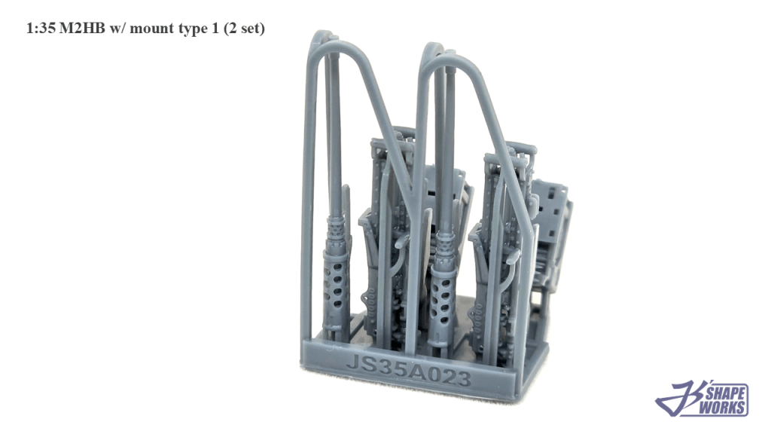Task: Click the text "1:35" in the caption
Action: pos(41,28)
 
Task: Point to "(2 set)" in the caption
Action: pos(244,29)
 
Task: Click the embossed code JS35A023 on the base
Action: pos(409,371)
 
